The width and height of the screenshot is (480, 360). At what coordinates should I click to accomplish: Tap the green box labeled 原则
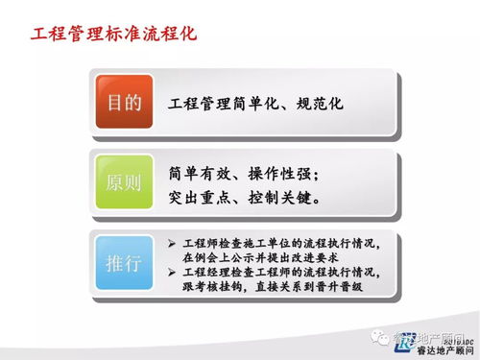(x=124, y=181)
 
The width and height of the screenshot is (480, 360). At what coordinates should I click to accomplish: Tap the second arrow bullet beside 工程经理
(x=171, y=274)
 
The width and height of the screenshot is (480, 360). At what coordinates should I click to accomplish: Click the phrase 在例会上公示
(x=217, y=258)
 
